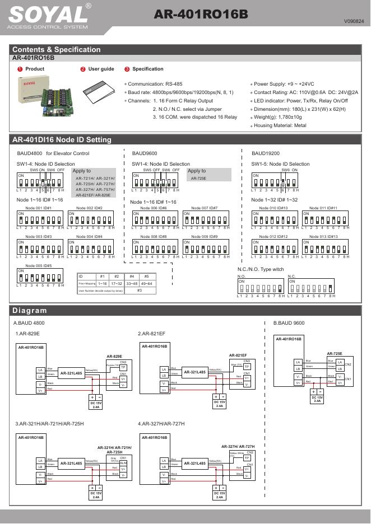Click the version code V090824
(x=354, y=21)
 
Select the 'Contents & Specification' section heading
(x=57, y=49)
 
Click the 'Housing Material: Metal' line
(x=280, y=125)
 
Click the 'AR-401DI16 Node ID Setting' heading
(x=62, y=139)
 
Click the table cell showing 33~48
(x=132, y=284)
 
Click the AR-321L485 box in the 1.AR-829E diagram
(x=71, y=373)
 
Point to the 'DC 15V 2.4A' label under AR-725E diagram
(x=318, y=399)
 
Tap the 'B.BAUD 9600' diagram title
(x=289, y=323)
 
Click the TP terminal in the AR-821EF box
(x=246, y=367)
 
